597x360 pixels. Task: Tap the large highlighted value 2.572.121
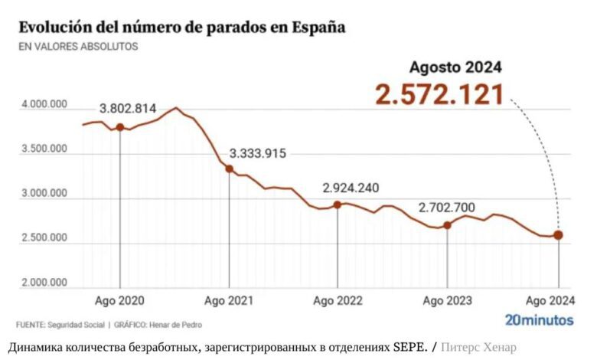(x=439, y=94)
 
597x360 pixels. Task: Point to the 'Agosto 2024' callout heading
(x=455, y=67)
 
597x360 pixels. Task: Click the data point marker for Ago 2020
(x=120, y=127)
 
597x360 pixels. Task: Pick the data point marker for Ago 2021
(x=229, y=169)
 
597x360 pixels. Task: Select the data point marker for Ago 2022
(x=338, y=205)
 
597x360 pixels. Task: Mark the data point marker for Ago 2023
(x=447, y=224)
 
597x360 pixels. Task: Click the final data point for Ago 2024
(x=558, y=235)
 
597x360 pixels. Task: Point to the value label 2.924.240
(x=351, y=188)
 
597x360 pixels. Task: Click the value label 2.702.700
(x=447, y=208)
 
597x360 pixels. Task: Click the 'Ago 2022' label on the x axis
(x=338, y=300)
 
